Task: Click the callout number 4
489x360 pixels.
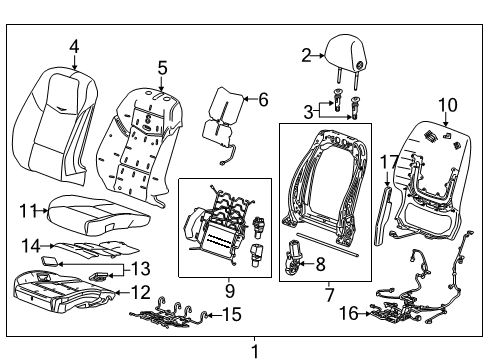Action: coord(73,45)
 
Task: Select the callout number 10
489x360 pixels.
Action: coord(447,104)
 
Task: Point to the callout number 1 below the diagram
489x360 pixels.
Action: coord(254,350)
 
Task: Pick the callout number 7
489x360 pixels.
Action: coord(329,294)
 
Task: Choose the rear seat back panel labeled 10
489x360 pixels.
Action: coord(435,175)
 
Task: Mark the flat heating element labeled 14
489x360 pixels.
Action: coord(85,250)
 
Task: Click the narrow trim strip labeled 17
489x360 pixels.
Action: coord(391,205)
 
